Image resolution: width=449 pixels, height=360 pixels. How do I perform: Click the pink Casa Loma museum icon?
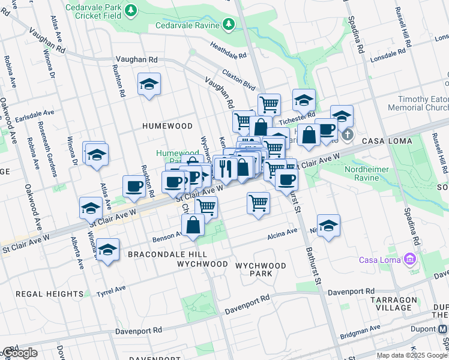(x=410, y=259)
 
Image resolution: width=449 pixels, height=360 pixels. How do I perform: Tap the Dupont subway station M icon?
(x=443, y=329)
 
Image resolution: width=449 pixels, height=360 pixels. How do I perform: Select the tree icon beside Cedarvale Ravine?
(x=228, y=25)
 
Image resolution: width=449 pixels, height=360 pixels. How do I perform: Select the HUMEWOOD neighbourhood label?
(x=167, y=126)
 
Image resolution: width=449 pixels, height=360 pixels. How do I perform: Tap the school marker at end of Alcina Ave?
(x=328, y=226)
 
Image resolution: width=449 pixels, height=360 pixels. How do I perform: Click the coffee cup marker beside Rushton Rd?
(x=134, y=185)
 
